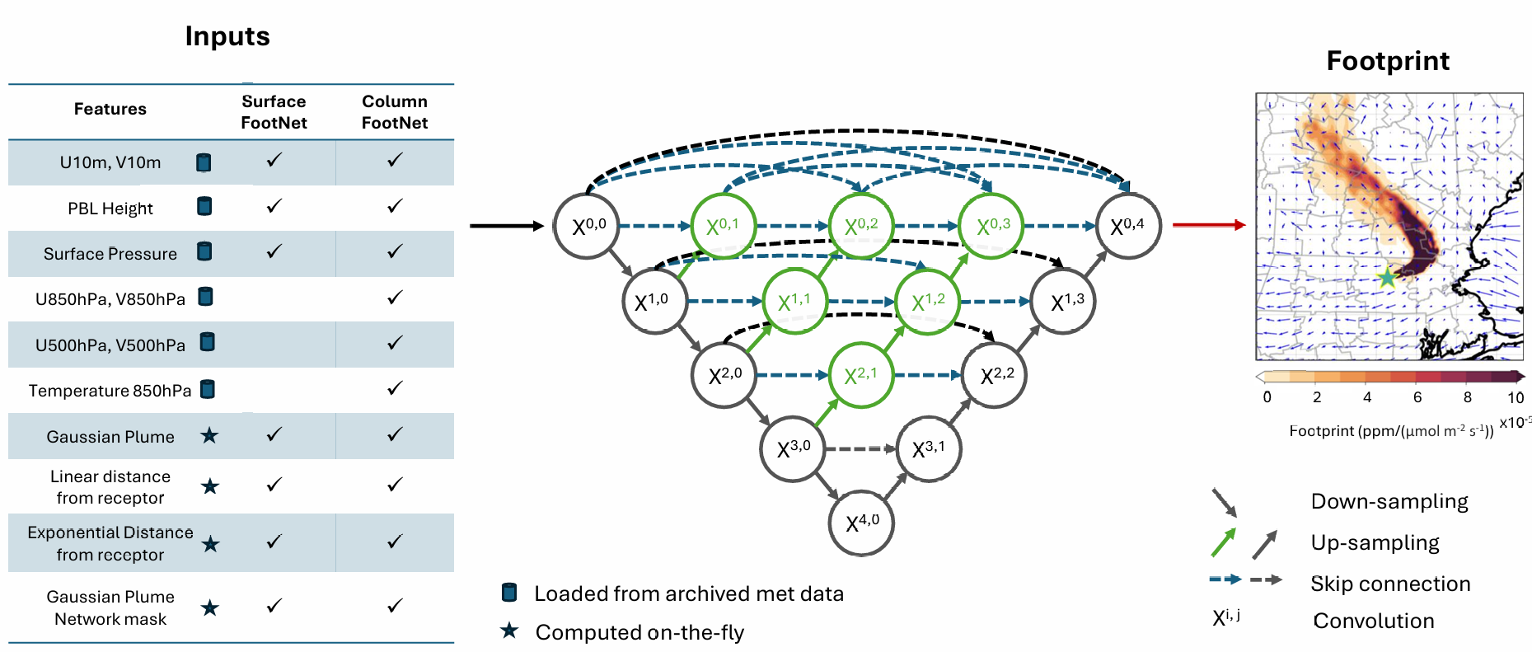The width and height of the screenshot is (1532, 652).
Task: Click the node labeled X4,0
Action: point(861,523)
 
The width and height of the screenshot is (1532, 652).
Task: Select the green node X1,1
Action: point(794,301)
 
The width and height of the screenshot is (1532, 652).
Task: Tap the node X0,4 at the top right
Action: point(1128,226)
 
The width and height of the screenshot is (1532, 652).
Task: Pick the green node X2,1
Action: point(860,376)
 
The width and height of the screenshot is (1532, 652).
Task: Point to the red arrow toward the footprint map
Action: point(1208,224)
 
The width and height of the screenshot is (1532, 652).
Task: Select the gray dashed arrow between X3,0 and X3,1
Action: point(860,448)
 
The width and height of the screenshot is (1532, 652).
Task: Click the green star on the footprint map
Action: point(1387,277)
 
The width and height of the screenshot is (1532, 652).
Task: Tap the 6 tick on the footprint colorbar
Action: point(1417,396)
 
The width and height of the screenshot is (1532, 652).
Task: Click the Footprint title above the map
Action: point(1388,61)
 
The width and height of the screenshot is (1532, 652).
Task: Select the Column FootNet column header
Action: point(394,112)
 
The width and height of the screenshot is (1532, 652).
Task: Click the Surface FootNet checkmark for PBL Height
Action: point(274,206)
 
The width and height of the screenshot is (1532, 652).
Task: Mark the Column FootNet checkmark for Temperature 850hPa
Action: point(395,387)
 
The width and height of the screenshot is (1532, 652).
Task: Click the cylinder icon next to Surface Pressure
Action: point(204,251)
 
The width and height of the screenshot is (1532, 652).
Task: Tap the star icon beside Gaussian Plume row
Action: point(209,435)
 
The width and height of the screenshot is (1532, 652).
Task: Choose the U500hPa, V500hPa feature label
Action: point(110,345)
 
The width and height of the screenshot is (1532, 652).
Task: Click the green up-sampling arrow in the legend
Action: point(1224,542)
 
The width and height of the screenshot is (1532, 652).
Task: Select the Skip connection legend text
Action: point(1390,584)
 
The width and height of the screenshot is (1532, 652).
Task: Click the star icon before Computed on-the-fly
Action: point(509,631)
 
